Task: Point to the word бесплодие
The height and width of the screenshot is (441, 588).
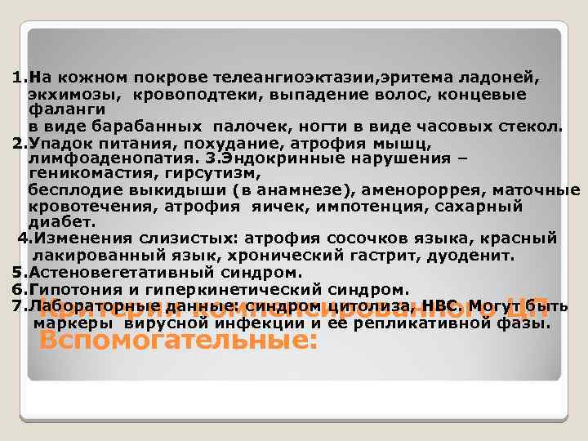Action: coord(68,190)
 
